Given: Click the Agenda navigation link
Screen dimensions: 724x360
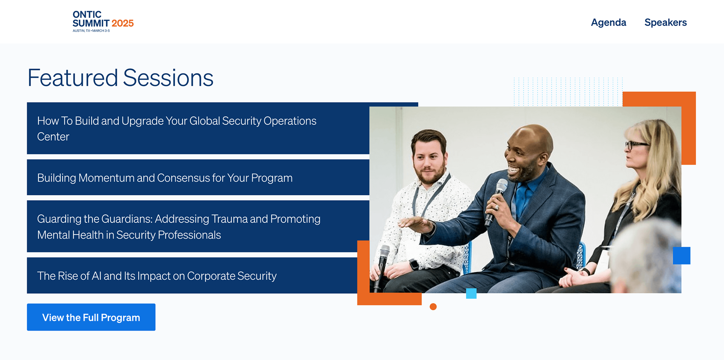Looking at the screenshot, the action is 608,23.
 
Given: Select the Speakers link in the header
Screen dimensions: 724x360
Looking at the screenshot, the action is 666,23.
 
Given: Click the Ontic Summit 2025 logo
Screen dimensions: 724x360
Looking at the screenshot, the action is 103,21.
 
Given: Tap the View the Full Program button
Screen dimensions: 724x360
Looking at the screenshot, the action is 91,317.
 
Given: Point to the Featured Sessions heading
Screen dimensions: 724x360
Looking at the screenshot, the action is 121,78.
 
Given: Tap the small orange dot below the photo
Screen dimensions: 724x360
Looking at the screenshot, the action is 433,307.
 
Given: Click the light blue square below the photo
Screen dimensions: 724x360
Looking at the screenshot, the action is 471,294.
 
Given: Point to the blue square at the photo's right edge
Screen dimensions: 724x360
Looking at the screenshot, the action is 682,256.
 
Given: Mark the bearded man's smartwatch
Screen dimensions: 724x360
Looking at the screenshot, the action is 414,264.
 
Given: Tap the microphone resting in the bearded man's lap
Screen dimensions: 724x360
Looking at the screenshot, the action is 382,264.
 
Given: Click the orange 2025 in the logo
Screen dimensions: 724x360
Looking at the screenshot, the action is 123,23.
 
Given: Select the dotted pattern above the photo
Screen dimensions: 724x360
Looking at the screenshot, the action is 568,92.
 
